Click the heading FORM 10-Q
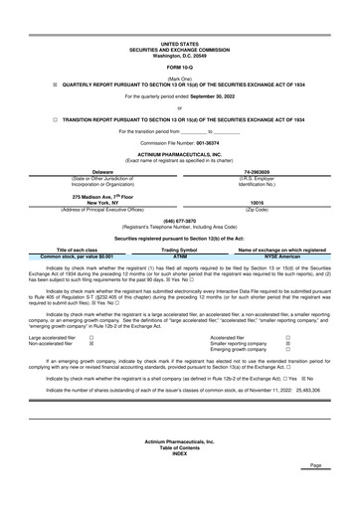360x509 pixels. [179, 67]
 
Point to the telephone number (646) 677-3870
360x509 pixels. [179, 249]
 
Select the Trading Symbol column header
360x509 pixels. [180, 277]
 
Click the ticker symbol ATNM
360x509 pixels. [180, 284]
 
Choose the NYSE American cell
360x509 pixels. [275, 284]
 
